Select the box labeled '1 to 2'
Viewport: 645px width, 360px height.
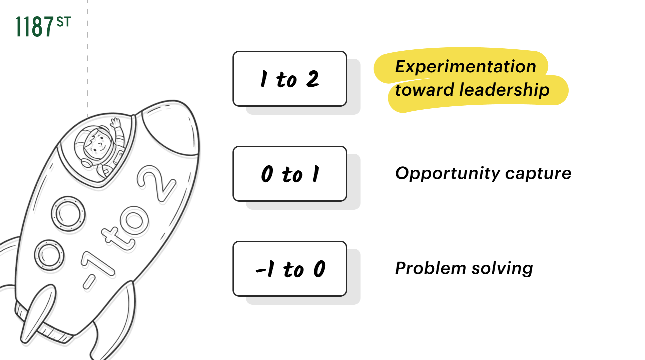pos(289,79)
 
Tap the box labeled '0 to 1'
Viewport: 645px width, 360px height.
pos(289,174)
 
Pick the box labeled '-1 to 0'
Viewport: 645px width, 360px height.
pos(289,269)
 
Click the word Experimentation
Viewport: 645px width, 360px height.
pos(465,66)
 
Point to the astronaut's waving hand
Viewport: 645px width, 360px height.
pos(116,123)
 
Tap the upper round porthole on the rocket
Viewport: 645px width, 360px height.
pos(68,213)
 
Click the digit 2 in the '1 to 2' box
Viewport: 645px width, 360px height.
pos(312,79)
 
